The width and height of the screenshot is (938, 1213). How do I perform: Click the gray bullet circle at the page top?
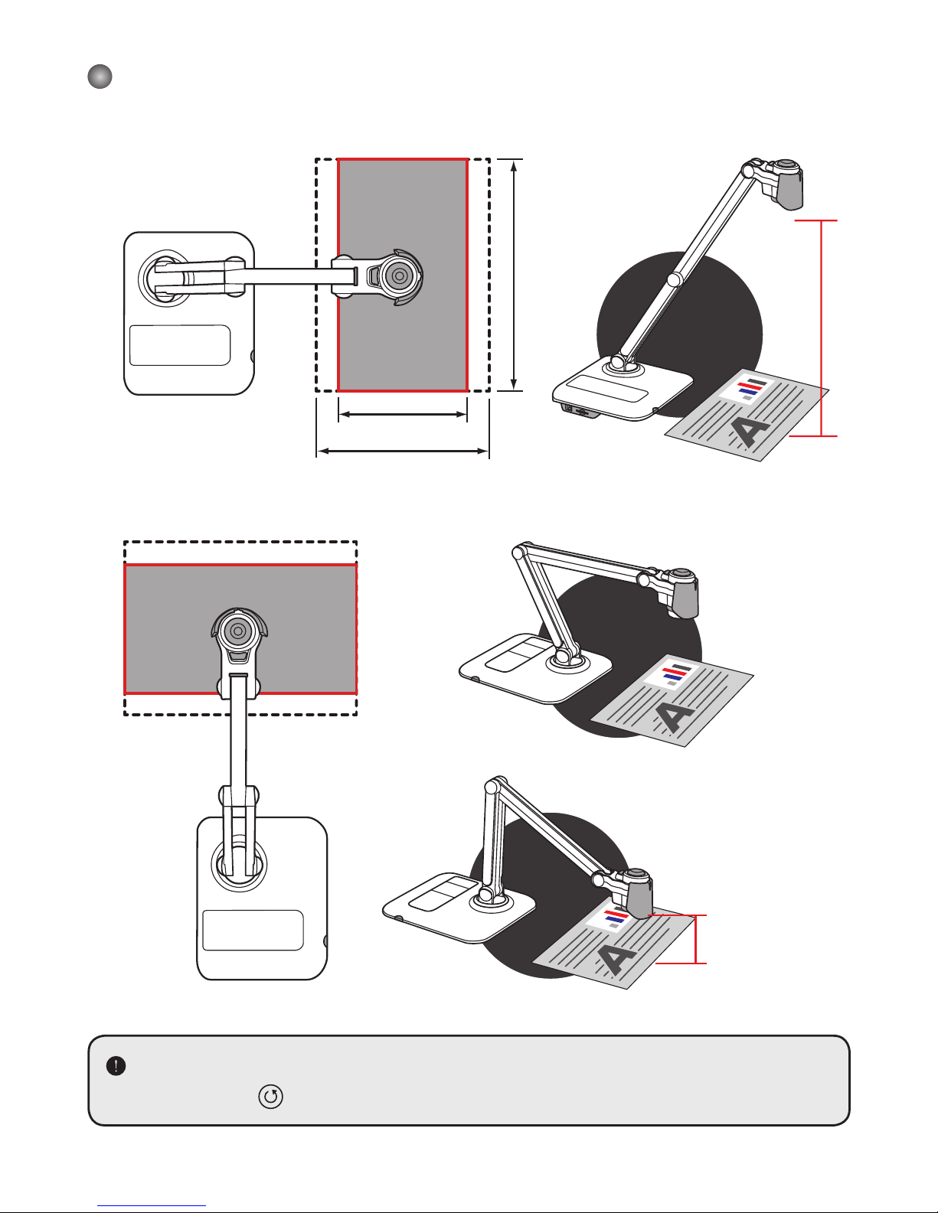[x=100, y=77]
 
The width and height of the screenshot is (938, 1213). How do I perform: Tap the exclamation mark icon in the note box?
[x=116, y=1065]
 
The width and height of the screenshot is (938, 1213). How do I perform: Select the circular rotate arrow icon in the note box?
[x=271, y=1097]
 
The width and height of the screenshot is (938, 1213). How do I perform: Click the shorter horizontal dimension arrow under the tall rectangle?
[x=403, y=415]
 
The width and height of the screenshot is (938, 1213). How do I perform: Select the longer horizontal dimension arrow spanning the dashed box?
[x=403, y=452]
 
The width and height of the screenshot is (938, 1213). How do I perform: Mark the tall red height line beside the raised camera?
[x=821, y=328]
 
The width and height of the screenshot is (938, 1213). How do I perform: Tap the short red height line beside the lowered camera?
[x=696, y=939]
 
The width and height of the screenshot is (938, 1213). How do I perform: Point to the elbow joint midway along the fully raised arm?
[x=675, y=280]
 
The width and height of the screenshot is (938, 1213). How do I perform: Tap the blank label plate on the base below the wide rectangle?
[x=253, y=930]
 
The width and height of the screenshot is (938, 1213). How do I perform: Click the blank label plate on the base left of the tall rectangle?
[x=180, y=345]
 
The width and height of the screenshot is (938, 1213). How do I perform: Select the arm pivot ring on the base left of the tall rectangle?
[x=162, y=277]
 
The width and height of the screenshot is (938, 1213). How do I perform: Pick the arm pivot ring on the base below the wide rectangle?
[x=239, y=864]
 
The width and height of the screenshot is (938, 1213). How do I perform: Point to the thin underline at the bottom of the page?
[x=152, y=1206]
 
